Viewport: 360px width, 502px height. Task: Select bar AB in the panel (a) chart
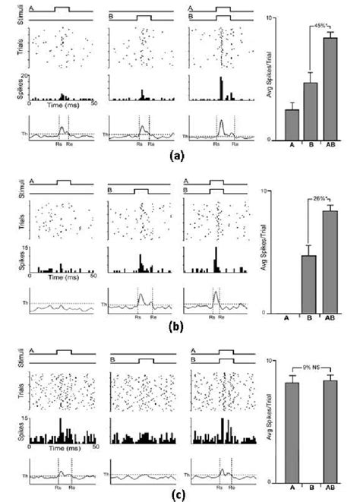(330, 87)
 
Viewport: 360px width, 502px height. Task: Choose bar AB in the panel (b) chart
(330, 261)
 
